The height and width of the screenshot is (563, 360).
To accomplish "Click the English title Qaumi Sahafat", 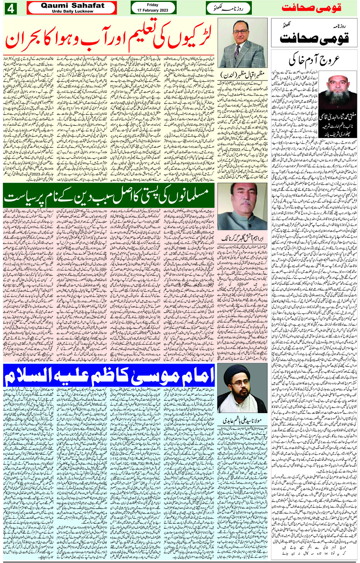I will coord(72,5).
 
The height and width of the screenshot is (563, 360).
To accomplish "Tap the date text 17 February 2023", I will coord(153,10).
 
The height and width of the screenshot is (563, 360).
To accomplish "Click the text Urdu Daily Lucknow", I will coord(72,11).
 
